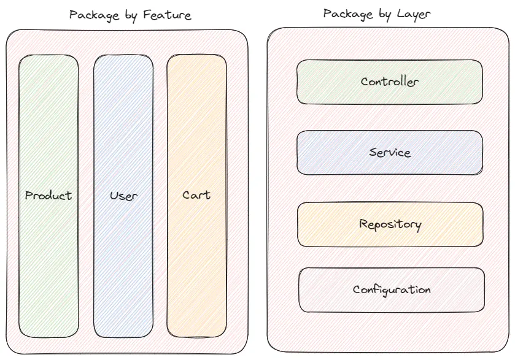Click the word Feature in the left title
tap(168, 15)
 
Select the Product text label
tap(48, 196)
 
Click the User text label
tap(123, 196)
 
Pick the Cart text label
tap(196, 195)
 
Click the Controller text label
tap(390, 82)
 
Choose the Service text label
tap(390, 152)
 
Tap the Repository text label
tap(390, 224)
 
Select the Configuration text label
tap(392, 289)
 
